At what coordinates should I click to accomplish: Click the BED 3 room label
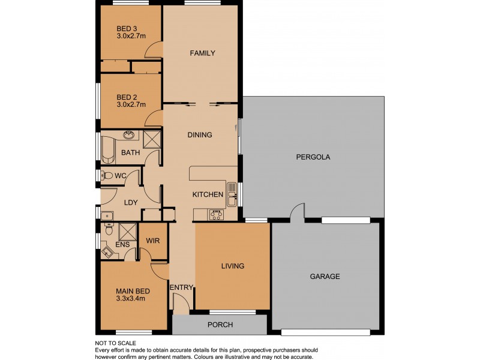click(x=125, y=28)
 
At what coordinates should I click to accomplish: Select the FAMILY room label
click(x=202, y=53)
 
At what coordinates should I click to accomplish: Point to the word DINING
click(x=200, y=135)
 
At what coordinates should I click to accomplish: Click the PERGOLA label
click(x=313, y=157)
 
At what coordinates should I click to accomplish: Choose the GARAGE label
click(x=325, y=277)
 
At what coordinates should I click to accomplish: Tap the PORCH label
click(x=220, y=325)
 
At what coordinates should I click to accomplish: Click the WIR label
click(x=153, y=241)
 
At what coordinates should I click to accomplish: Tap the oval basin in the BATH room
click(x=128, y=135)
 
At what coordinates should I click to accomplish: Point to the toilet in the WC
click(x=106, y=176)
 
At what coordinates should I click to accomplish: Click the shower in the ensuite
click(x=127, y=232)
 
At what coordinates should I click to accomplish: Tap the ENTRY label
click(x=181, y=288)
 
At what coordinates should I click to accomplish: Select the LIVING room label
click(x=232, y=266)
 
